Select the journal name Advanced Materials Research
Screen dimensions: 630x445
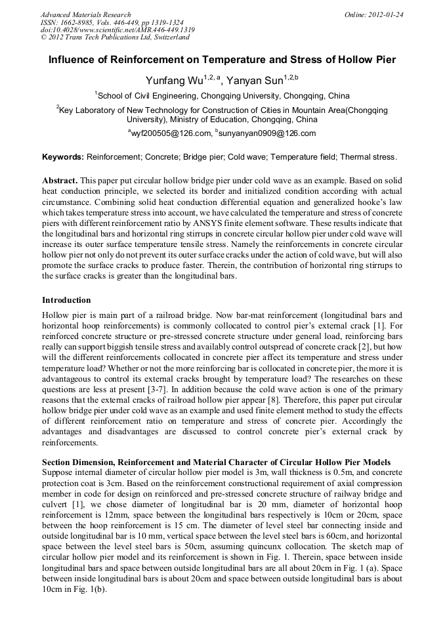[85, 14]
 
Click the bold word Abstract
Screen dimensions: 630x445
[60, 180]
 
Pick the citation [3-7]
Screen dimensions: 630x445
[165, 390]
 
